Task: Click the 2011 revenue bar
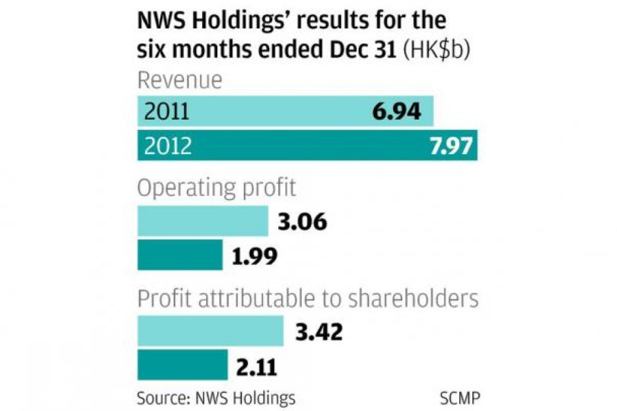click(x=284, y=112)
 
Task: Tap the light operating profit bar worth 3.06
click(x=203, y=221)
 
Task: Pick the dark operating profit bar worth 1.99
click(x=180, y=255)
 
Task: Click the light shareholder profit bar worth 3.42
click(x=211, y=331)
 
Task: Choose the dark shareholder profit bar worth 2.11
click(x=183, y=364)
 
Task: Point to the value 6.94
click(x=396, y=112)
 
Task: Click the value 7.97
click(x=446, y=146)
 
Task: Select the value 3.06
click(x=303, y=222)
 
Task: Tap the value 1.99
click(x=255, y=256)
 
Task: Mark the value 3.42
click(x=319, y=332)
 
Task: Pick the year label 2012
click(x=168, y=146)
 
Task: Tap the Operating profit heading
click(x=217, y=189)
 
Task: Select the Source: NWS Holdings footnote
click(x=216, y=399)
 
